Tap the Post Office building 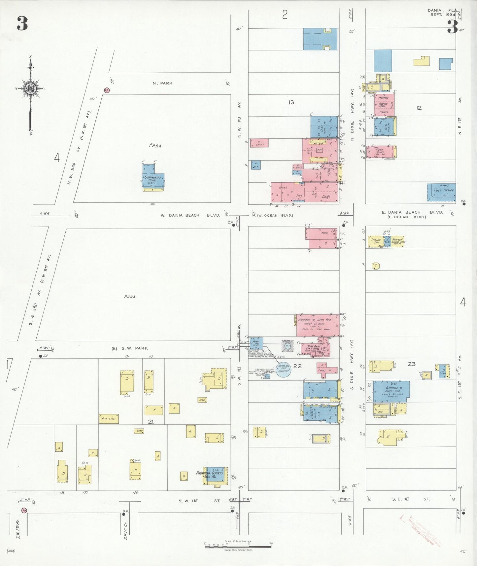coord(442,192)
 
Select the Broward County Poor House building coord(215,475)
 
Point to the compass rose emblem coord(30,88)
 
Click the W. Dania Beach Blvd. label coord(190,215)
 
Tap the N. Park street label coord(162,83)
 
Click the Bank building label coord(324,233)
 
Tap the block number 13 coord(291,102)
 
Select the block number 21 coord(151,422)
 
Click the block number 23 coord(411,364)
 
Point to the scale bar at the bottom coord(238,547)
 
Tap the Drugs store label coord(326,197)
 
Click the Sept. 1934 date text coord(443,15)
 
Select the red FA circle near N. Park coord(107,90)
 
